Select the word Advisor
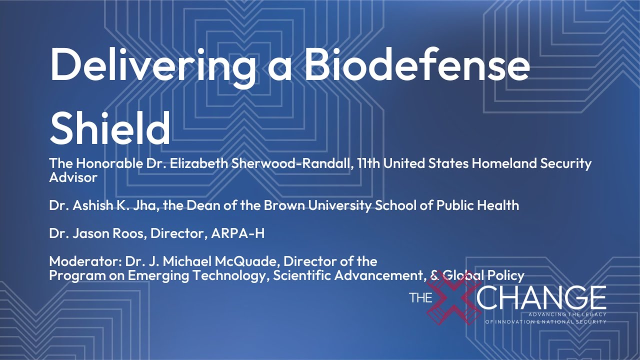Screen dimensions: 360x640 [73, 177]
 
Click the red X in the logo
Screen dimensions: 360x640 [453, 298]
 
